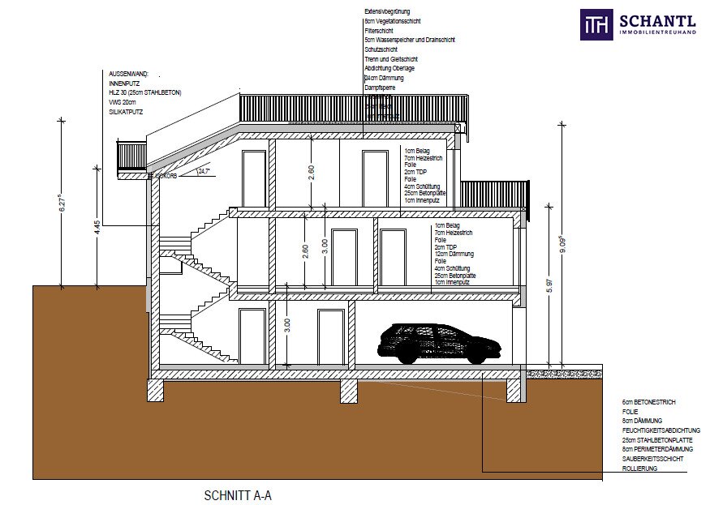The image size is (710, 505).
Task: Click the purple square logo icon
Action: pos(596,24)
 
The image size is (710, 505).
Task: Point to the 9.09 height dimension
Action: pos(562,245)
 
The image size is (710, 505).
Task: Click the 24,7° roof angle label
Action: pos(204,171)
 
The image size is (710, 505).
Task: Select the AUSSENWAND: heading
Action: pos(128,74)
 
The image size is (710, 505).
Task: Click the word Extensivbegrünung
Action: pos(389,11)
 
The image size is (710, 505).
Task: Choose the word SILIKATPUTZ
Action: pos(126,112)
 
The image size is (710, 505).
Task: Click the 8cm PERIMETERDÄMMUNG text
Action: pos(657,449)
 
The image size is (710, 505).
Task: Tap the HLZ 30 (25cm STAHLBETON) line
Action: pos(145,93)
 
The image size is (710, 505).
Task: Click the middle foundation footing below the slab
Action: pos(348,391)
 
